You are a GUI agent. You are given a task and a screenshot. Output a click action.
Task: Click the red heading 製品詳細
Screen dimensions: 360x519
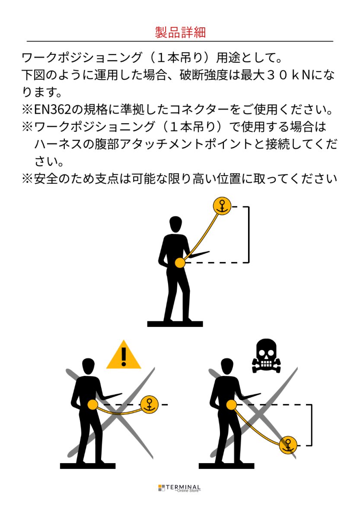180,32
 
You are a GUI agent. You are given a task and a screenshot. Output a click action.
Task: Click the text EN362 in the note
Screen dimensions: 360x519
52,109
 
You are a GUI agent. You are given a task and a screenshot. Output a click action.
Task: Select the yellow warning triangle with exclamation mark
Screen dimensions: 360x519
124,355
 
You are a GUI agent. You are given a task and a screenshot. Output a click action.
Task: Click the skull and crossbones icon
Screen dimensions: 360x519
266,356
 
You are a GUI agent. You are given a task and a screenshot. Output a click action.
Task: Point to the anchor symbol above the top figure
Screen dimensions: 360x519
222,206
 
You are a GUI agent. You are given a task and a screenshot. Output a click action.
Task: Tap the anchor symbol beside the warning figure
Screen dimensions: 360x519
150,404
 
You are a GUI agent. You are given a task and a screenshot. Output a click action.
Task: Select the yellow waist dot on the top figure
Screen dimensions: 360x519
180,263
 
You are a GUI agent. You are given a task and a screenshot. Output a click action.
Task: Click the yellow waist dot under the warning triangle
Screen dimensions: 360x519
93,404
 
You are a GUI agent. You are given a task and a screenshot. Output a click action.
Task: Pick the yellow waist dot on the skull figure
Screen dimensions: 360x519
231,404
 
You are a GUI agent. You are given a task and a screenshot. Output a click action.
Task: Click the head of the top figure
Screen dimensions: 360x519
175,224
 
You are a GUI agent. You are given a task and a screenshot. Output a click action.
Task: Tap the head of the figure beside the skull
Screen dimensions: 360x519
227,366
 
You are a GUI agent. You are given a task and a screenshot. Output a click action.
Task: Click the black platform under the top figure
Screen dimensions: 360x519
175,324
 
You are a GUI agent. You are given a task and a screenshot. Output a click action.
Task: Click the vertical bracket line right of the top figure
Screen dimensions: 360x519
249,234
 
